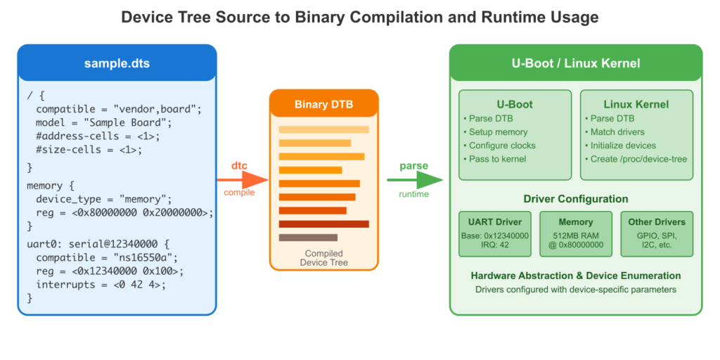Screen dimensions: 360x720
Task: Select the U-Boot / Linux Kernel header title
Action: (x=575, y=63)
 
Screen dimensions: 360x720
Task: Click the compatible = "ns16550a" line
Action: (x=107, y=257)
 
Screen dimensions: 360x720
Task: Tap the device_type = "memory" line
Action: (x=103, y=199)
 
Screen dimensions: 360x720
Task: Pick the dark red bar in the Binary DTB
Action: (x=323, y=224)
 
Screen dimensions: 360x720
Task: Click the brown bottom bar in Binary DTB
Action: (x=308, y=238)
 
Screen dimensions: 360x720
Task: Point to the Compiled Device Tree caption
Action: (x=323, y=258)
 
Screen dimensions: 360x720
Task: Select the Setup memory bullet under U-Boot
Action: (x=498, y=132)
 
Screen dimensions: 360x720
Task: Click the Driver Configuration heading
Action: (x=575, y=199)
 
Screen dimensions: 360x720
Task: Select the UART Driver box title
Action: (x=496, y=222)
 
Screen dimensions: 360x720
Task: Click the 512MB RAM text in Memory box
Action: (x=575, y=235)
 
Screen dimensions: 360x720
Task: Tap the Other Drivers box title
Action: (x=656, y=222)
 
